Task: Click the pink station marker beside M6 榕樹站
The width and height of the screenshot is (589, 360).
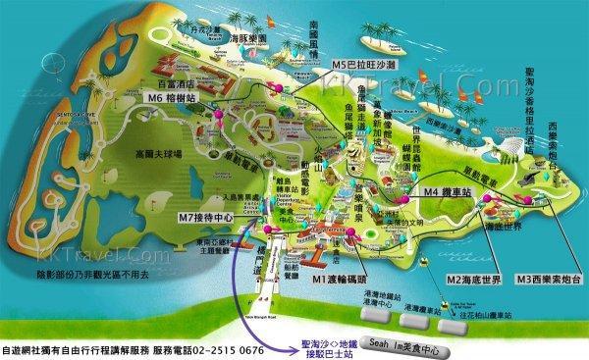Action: click(x=217, y=99)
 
